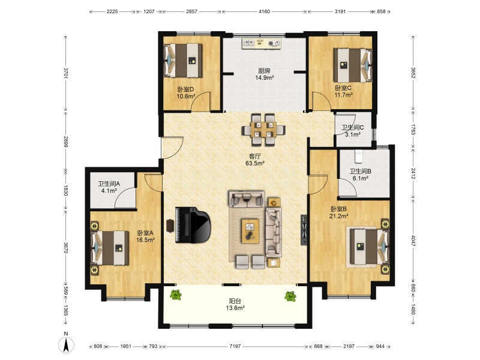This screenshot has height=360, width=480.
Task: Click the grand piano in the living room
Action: [193, 225]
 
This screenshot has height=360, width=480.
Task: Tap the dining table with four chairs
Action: [263, 130]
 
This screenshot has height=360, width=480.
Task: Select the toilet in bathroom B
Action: [358, 157]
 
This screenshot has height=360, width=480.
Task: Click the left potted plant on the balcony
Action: [176, 295]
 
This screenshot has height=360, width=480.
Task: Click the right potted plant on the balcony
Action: [290, 296]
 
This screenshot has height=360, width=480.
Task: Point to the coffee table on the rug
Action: [250, 231]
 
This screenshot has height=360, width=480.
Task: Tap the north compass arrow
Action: [66, 345]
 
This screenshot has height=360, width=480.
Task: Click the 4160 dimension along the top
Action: [265, 11]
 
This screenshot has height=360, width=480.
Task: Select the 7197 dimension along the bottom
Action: [235, 346]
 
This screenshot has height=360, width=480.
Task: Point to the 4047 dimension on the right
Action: [413, 241]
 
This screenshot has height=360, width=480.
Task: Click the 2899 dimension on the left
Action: [65, 141]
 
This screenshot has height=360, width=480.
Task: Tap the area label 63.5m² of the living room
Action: [255, 163]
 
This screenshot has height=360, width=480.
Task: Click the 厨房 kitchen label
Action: [264, 71]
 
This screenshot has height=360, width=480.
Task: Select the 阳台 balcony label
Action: [235, 301]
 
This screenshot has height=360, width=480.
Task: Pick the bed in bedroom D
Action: [184, 61]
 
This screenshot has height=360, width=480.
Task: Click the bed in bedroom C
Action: [353, 65]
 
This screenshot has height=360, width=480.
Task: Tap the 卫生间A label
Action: [109, 184]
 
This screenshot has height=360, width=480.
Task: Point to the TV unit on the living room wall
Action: [304, 230]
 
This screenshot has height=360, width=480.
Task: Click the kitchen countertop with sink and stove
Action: [261, 43]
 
